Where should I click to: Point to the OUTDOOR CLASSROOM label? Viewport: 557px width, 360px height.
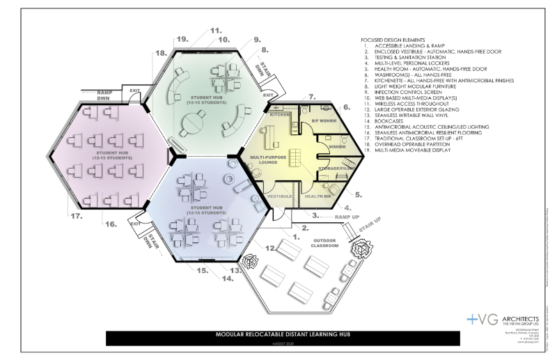[324, 243]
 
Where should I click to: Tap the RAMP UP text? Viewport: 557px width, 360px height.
[336, 216]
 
